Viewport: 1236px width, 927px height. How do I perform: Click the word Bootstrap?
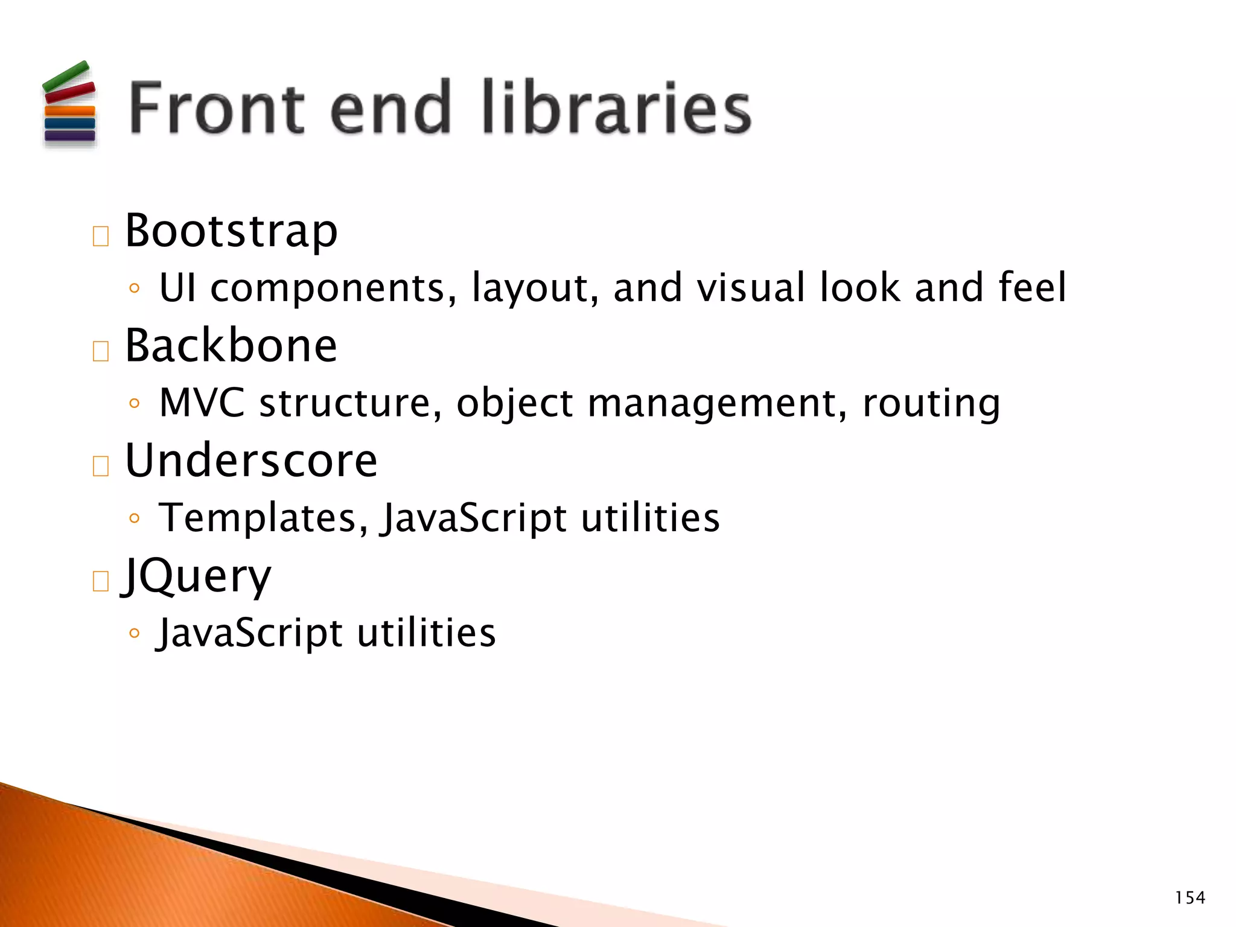[231, 232]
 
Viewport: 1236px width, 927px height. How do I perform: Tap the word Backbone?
[231, 346]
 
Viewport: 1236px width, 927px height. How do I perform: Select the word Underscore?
[251, 461]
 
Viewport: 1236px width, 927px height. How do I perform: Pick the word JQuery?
[197, 576]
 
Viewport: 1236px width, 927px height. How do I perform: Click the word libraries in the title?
[617, 109]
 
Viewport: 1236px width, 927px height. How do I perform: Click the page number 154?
[1190, 898]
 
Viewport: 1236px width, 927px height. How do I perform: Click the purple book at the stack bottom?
[70, 136]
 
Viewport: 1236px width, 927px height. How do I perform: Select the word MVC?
[202, 403]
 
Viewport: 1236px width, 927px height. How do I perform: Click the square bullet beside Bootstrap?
[101, 237]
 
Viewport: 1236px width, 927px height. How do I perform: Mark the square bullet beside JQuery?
[101, 581]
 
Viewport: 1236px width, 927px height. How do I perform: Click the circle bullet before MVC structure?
[135, 403]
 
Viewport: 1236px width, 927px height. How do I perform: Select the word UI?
[178, 288]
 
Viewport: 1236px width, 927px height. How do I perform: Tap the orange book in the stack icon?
[70, 111]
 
